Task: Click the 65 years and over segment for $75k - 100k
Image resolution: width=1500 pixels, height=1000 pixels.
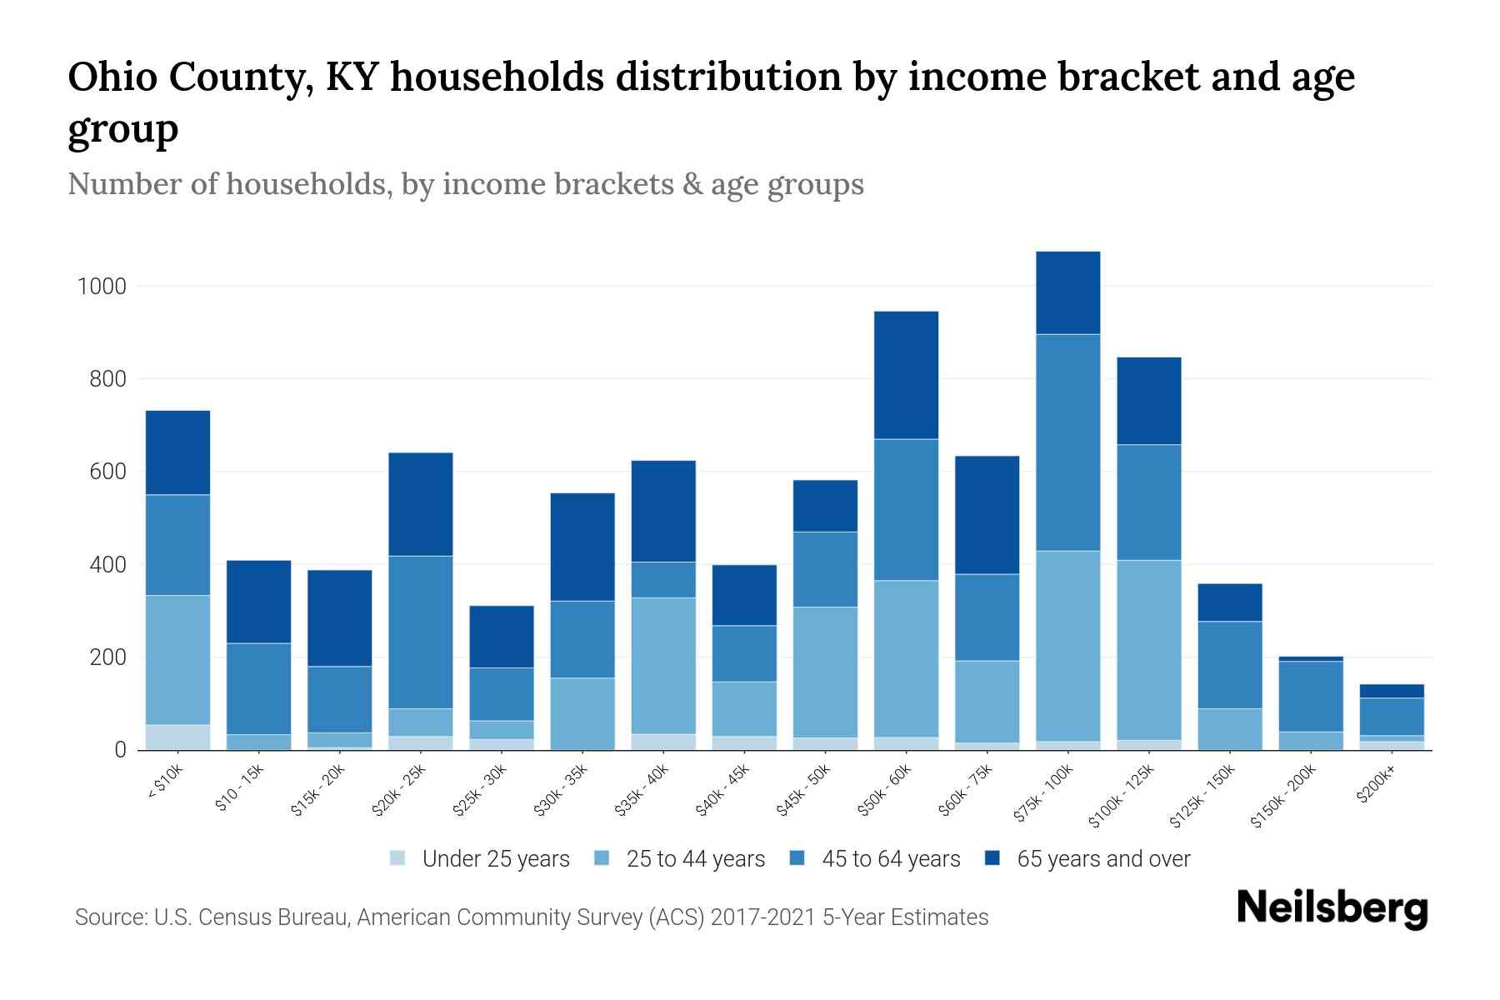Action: [x=1067, y=292]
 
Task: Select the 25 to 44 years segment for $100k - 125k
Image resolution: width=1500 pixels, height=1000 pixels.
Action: [x=1148, y=649]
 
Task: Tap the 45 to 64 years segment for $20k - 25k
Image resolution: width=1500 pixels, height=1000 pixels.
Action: [x=421, y=632]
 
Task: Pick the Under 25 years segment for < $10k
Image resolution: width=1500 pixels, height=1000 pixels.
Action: [x=177, y=737]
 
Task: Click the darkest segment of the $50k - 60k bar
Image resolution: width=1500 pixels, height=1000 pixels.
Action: [x=906, y=375]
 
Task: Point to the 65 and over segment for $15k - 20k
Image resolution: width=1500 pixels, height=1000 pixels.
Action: [x=340, y=617]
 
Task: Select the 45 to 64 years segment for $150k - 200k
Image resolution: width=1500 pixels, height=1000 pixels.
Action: [x=1310, y=696]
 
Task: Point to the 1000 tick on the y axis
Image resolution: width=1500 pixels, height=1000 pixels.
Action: [x=102, y=287]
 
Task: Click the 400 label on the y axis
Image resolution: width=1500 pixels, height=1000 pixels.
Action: [x=107, y=565]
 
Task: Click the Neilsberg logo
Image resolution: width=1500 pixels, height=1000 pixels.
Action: [x=1332, y=909]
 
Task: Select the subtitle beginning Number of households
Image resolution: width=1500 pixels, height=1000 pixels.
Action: [x=465, y=184]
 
